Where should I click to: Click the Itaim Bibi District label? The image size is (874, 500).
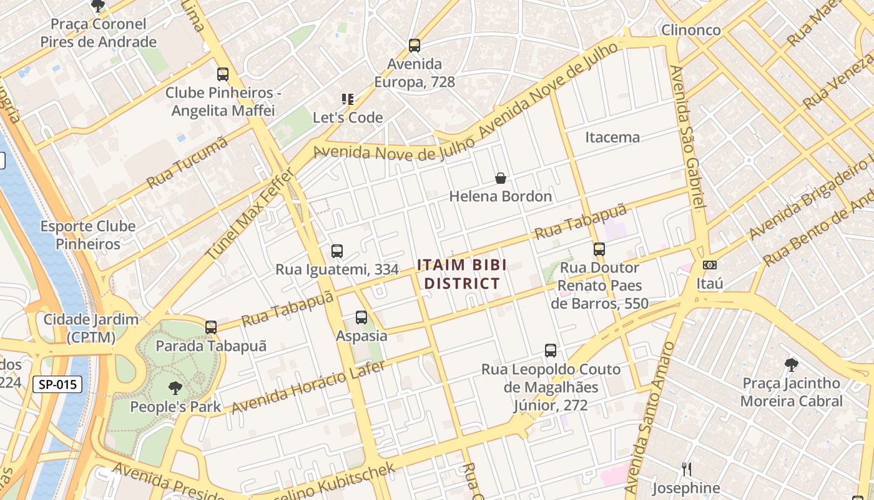(461, 274)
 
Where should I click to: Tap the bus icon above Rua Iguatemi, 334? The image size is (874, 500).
(337, 251)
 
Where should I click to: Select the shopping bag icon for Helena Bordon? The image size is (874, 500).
(501, 178)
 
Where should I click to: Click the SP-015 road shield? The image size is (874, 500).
(57, 384)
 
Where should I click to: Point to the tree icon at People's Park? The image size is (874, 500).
(175, 388)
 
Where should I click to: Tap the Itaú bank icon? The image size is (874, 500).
(709, 265)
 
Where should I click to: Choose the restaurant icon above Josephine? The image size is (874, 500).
(686, 469)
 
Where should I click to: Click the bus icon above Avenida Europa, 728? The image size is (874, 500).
(415, 45)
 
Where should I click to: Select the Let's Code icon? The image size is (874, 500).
(348, 99)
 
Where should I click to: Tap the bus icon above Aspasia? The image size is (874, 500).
(361, 317)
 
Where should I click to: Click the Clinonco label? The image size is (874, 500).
(690, 29)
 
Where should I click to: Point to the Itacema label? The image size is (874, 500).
(612, 137)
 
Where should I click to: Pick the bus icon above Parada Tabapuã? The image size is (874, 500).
(211, 327)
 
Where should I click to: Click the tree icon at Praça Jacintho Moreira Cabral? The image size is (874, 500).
(791, 364)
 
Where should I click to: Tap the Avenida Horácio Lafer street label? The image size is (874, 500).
(308, 387)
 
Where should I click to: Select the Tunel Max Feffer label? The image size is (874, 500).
(250, 214)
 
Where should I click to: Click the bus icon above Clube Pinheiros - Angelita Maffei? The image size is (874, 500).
(223, 74)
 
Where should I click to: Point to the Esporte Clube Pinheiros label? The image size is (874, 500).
(88, 235)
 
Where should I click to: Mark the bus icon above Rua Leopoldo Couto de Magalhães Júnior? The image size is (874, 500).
(551, 351)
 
